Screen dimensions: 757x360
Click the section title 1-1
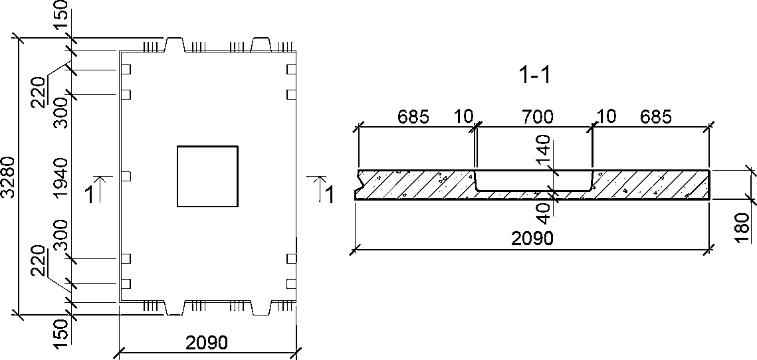coord(534,76)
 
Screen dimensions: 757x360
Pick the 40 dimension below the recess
coord(544,213)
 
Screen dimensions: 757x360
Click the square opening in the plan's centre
coord(207,177)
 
